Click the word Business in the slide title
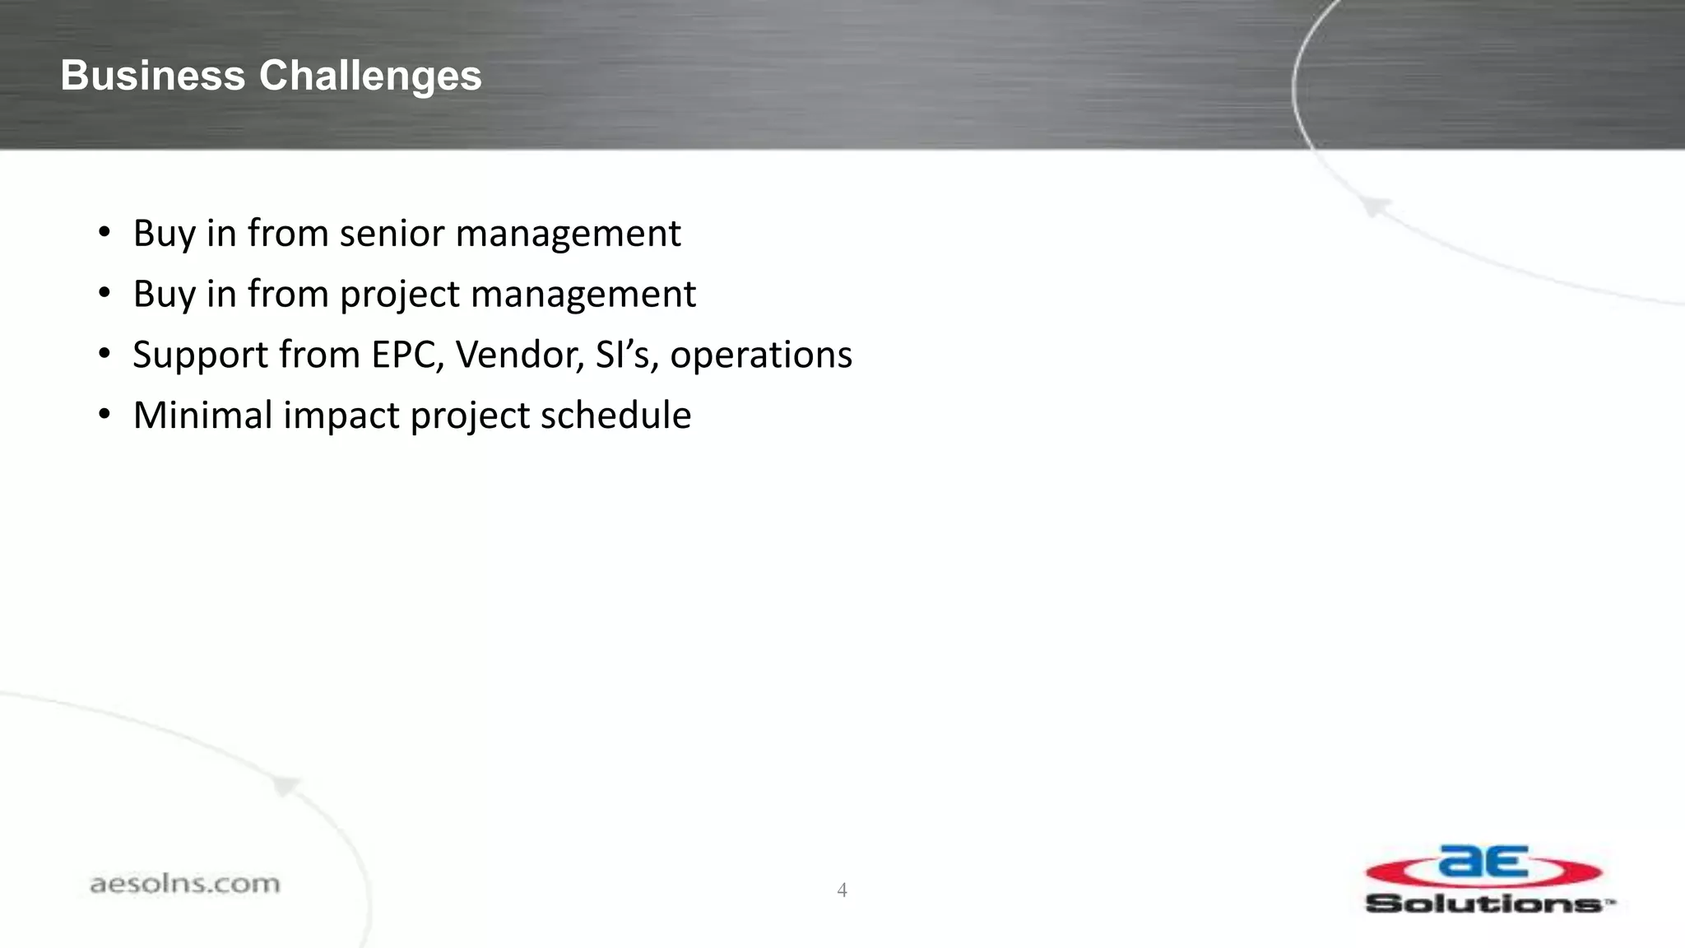(x=153, y=76)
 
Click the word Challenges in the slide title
(x=370, y=76)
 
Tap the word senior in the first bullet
(x=392, y=233)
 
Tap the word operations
(x=761, y=355)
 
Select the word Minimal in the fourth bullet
(x=202, y=415)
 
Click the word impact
(x=341, y=416)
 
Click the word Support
(x=200, y=355)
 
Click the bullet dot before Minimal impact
(x=104, y=415)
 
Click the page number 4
(x=842, y=890)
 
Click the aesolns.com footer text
(x=184, y=884)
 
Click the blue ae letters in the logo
(x=1483, y=862)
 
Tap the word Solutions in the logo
(x=1485, y=904)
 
